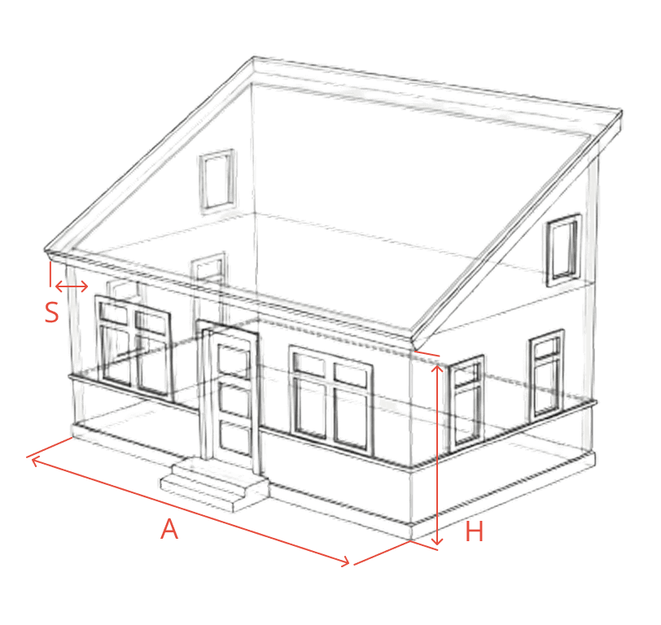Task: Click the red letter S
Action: pyautogui.click(x=51, y=312)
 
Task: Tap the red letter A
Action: pyautogui.click(x=169, y=529)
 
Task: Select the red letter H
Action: pyautogui.click(x=475, y=531)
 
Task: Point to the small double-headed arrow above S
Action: pyautogui.click(x=72, y=286)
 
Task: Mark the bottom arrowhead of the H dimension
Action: pyautogui.click(x=438, y=540)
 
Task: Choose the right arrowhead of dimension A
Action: pyautogui.click(x=345, y=561)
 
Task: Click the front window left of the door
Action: pyautogui.click(x=134, y=347)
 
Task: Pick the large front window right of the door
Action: pyautogui.click(x=332, y=403)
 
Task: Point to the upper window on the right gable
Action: pyautogui.click(x=564, y=250)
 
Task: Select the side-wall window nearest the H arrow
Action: pyautogui.click(x=466, y=404)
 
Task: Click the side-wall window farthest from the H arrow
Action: pyautogui.click(x=547, y=375)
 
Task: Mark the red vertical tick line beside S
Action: pyautogui.click(x=50, y=274)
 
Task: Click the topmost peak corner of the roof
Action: pyautogui.click(x=254, y=57)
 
